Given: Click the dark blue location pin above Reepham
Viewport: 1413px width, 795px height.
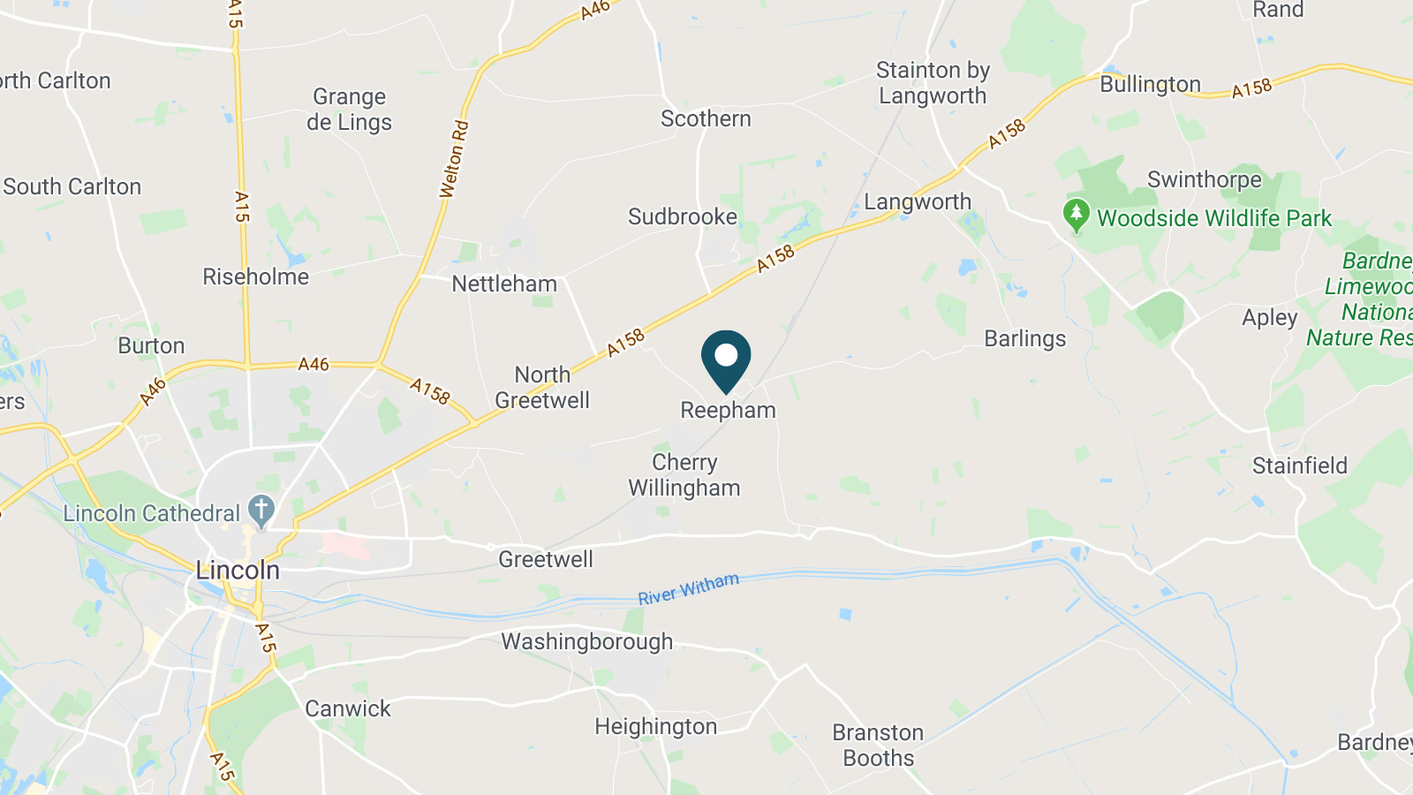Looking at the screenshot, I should pos(726,358).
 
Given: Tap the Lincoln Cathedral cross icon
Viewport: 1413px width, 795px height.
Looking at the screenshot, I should pos(261,510).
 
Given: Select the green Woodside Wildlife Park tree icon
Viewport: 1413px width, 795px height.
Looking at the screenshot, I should pos(1076,215).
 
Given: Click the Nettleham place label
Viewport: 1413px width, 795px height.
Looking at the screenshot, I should pos(504,284).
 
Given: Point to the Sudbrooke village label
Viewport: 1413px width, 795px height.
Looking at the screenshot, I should pos(682,216).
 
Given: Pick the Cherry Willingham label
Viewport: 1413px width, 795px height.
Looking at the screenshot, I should pos(684,475).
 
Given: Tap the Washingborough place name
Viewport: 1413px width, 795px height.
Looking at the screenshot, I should pos(586,641).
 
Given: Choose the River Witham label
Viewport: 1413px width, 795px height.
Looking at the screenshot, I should pos(688,588).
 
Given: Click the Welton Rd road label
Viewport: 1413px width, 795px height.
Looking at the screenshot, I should pos(454,159).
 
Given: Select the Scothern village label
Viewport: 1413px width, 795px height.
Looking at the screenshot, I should pos(706,118).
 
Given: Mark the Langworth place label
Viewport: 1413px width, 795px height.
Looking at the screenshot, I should pos(918,201).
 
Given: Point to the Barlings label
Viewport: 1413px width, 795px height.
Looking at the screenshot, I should pos(1024,338).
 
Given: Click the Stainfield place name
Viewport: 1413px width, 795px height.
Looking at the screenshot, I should pos(1299,466).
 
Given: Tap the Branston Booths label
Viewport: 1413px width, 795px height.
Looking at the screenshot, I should pos(878,745).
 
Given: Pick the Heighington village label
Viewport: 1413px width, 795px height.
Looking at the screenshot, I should pos(655,726).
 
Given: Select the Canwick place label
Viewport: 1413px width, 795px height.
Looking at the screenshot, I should pos(347,708).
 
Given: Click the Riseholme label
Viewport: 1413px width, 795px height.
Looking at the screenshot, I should pos(255,276).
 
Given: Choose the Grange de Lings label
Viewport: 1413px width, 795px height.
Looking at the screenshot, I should pos(349,110).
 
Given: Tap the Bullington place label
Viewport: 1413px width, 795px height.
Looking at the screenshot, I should pos(1150,84).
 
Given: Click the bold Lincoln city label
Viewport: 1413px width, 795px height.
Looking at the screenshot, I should pos(238,570).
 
